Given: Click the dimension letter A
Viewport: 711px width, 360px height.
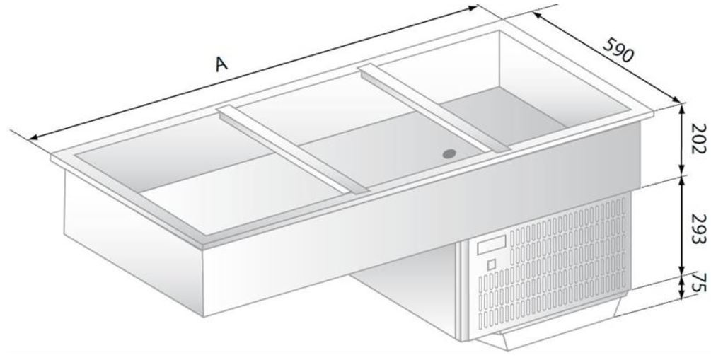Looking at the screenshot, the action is pos(221,64).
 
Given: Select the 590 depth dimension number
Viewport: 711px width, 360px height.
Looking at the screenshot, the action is pos(618,50).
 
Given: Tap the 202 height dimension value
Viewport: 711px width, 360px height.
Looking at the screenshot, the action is pos(699,139).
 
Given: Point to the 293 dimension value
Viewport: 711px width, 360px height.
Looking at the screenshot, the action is pos(699,228).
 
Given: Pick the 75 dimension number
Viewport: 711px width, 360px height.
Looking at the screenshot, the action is pos(700,282).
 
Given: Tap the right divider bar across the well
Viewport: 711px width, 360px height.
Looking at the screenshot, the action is pos(435,108).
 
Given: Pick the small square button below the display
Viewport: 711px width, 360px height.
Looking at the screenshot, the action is pos(492,265).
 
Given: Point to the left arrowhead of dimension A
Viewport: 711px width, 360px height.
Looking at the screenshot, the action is pos(32,139).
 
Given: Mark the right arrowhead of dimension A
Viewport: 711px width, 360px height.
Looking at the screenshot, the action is pos(473,8).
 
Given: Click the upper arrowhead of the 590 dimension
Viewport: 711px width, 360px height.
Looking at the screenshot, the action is pos(536,16).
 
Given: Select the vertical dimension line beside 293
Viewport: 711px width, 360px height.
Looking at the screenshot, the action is pos(681,226).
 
